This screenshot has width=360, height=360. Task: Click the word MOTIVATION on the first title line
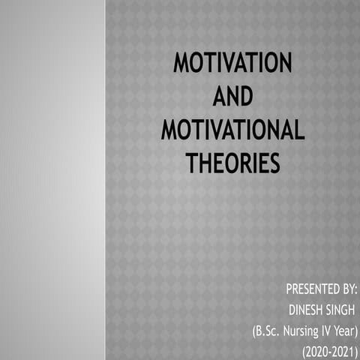click(232, 63)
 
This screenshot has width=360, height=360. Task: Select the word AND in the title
click(232, 97)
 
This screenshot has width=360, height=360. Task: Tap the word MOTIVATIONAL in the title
click(232, 130)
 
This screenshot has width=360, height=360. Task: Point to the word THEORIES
click(232, 163)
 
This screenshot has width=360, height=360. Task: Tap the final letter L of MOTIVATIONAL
click(298, 130)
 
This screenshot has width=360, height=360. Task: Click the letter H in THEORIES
click(206, 163)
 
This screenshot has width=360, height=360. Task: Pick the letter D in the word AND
click(245, 97)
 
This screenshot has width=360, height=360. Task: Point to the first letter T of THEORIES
click(192, 163)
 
